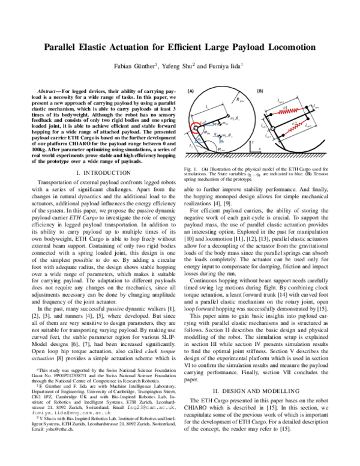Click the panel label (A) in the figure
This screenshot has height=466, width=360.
point(191,91)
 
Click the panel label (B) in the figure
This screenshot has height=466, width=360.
point(260,91)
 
